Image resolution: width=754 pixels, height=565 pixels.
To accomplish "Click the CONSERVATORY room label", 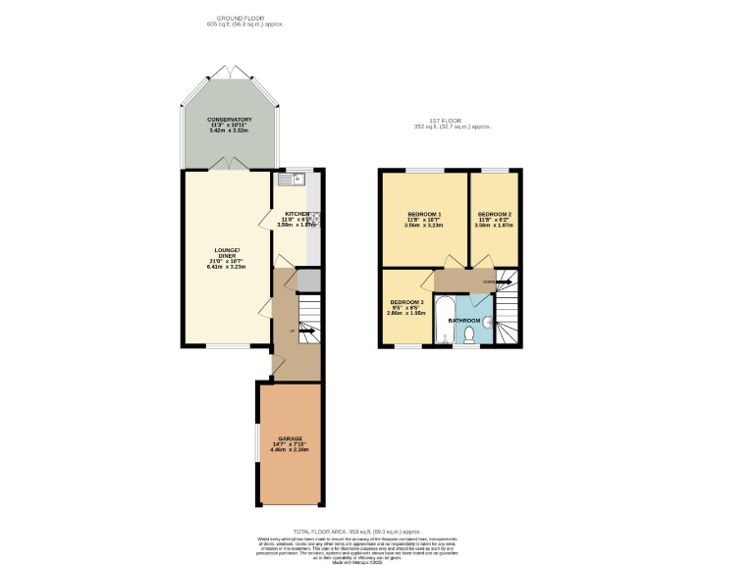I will coord(228,120).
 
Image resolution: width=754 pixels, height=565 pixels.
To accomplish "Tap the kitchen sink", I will coord(292,180).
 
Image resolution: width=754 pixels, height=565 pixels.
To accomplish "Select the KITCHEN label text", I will coord(296,214).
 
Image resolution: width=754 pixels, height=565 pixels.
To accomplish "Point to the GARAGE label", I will coord(290,438).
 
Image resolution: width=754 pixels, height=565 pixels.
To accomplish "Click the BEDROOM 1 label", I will coord(424,214).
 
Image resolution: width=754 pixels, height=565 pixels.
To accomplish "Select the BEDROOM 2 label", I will coord(495,214).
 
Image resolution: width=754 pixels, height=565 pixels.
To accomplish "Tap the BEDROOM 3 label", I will coord(407,302).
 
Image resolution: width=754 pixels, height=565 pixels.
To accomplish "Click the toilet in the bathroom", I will coord(469,335).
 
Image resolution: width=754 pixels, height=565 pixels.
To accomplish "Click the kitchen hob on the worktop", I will coord(316,218).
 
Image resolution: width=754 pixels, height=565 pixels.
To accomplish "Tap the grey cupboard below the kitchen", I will coord(308,281).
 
